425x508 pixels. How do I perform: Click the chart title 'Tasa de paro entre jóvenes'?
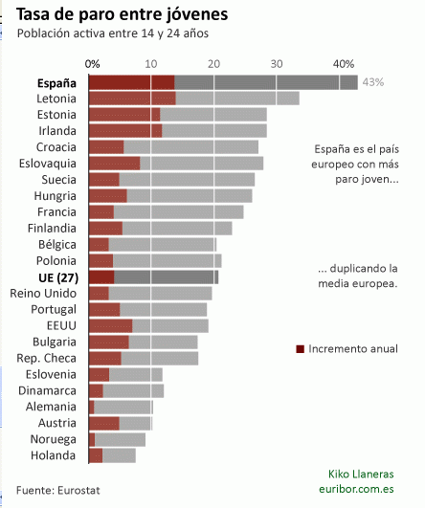point(123,13)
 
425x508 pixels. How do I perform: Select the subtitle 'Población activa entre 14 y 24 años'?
point(113,33)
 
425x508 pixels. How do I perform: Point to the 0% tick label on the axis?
point(93,63)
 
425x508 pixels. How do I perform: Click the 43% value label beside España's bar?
point(372,82)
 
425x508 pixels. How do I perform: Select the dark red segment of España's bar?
point(131,82)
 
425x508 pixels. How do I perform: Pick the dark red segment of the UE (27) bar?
point(101,276)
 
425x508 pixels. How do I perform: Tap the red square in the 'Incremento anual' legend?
point(301,349)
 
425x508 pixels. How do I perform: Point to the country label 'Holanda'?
point(54,455)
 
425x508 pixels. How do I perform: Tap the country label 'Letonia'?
point(56,99)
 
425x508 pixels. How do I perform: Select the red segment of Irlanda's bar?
point(124,130)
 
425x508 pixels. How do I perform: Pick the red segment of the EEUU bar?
point(110,325)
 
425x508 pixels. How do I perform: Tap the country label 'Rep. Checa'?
point(47,358)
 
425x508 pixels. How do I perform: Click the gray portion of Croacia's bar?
point(191,146)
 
